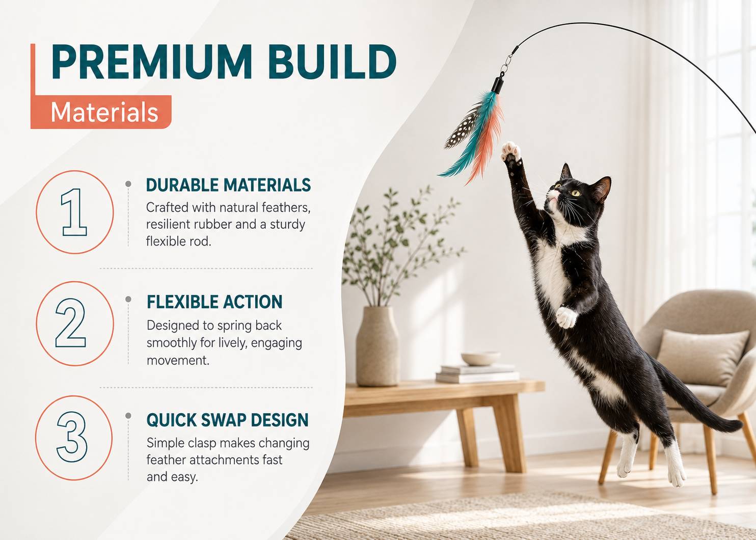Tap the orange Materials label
[x=101, y=112]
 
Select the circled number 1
[x=74, y=212]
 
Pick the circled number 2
[x=74, y=323]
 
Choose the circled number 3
[x=74, y=438]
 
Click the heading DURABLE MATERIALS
[x=229, y=185]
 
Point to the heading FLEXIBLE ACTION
[x=214, y=302]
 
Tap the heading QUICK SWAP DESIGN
[x=228, y=420]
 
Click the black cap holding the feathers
[x=497, y=85]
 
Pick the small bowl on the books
[x=481, y=358]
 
